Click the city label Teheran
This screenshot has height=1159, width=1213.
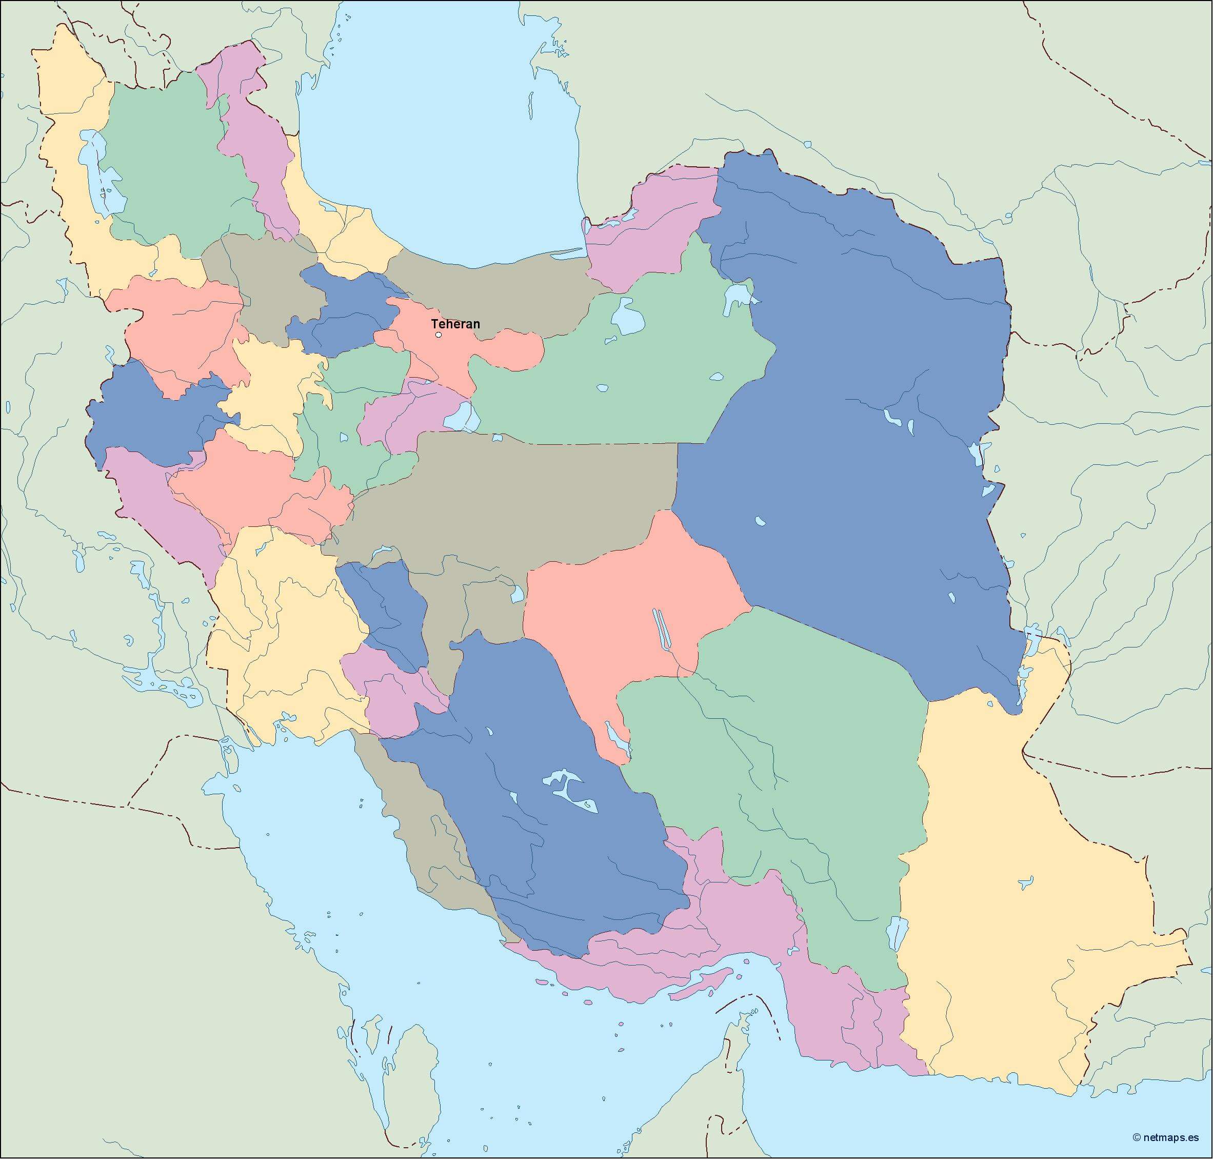(x=455, y=324)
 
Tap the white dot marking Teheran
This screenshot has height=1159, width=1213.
(x=439, y=335)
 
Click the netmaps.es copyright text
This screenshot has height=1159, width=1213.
(x=1165, y=1137)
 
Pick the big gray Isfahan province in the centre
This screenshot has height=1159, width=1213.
(x=506, y=494)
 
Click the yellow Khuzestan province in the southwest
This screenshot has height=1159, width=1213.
(x=284, y=649)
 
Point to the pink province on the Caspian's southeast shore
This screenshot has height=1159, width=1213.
(x=648, y=229)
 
